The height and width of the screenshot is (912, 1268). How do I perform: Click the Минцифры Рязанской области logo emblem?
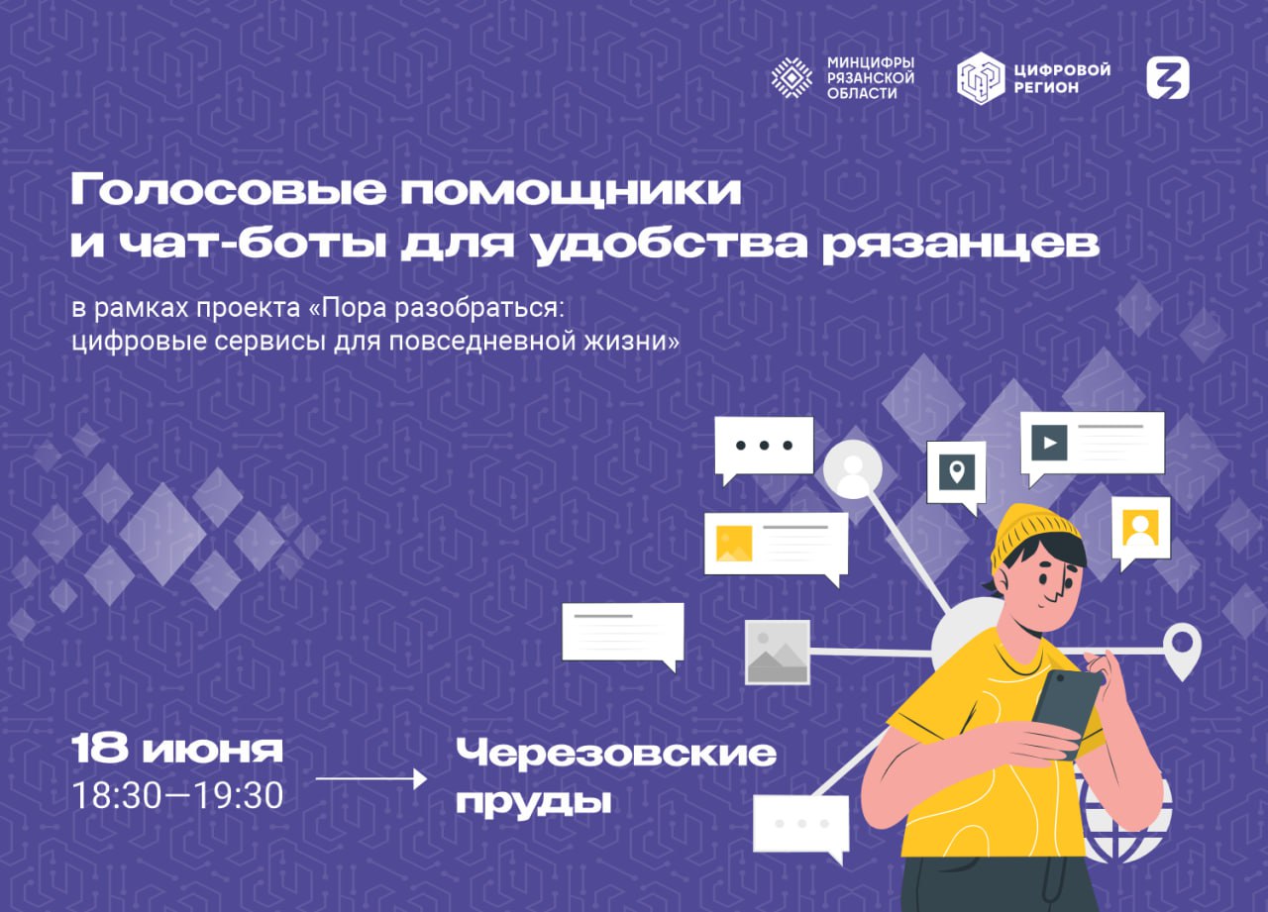(792, 78)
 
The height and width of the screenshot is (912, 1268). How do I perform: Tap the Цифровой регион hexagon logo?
(981, 78)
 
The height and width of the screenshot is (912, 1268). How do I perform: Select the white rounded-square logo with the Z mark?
(1168, 78)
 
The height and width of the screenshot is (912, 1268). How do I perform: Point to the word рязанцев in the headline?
(961, 245)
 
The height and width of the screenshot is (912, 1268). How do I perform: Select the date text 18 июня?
(177, 749)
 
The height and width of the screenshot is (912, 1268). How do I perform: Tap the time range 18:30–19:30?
(177, 795)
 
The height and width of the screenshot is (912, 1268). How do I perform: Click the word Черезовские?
(616, 753)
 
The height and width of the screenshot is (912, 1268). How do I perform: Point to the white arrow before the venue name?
(370, 778)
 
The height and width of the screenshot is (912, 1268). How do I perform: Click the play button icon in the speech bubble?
(1049, 443)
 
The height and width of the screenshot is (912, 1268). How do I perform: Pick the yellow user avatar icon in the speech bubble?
(1140, 527)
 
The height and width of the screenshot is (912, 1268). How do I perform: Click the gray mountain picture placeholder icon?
(778, 653)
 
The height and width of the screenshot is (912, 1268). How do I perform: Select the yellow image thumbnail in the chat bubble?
(734, 543)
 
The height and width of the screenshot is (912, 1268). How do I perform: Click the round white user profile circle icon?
(853, 470)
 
